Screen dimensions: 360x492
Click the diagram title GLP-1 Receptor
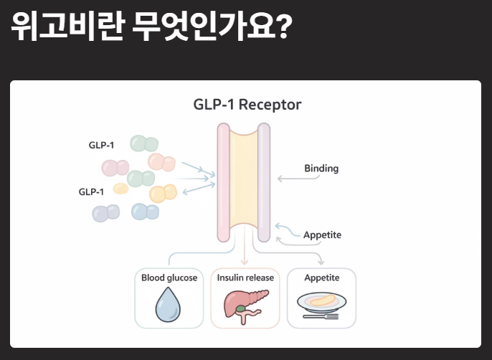[247, 105]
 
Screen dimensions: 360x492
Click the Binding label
[321, 169]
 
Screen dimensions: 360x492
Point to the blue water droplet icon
[169, 308]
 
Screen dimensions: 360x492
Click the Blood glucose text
[169, 278]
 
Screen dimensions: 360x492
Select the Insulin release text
[245, 278]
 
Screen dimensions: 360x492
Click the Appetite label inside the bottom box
[321, 278]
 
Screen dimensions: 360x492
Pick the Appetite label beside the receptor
[322, 235]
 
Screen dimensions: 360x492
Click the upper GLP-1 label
[101, 145]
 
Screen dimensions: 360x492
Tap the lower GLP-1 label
[91, 191]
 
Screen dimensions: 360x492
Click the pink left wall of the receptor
[223, 183]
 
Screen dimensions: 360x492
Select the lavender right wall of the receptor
[264, 183]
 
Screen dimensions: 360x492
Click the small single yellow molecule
[120, 189]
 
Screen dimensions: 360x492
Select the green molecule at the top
[143, 143]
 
